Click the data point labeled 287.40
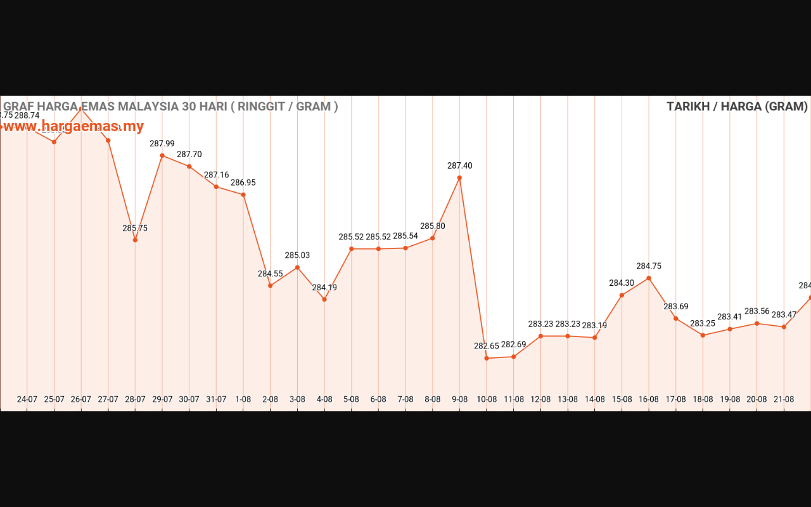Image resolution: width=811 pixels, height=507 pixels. pos(459,177)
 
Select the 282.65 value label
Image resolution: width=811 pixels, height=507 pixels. pos(487,346)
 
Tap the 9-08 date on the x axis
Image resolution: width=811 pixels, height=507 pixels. pos(459,399)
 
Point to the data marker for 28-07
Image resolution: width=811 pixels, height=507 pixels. pos(135,240)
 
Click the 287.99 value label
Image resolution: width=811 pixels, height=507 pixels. pos(162,144)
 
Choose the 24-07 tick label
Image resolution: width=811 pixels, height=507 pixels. pos(27,399)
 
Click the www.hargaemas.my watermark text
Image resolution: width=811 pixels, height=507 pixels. pos(73,126)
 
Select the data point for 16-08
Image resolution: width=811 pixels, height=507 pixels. pos(649,278)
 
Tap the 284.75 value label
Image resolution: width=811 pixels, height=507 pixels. pos(649,266)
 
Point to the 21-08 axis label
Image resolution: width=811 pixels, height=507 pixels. pos(784,399)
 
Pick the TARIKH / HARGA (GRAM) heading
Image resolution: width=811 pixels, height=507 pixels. pos(737,106)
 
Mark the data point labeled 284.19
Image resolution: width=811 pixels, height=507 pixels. pos(324,299)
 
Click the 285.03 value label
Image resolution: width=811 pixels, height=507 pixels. pos(297,255)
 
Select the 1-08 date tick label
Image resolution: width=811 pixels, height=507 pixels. pos(243,399)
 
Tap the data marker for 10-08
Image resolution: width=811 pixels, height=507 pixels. pos(487,358)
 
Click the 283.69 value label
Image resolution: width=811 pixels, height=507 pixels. pos(676,307)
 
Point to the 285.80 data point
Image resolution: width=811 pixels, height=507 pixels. pos(433,238)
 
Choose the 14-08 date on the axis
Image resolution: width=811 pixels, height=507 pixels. pos(594,399)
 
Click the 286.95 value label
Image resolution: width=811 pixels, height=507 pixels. pos(243,183)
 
